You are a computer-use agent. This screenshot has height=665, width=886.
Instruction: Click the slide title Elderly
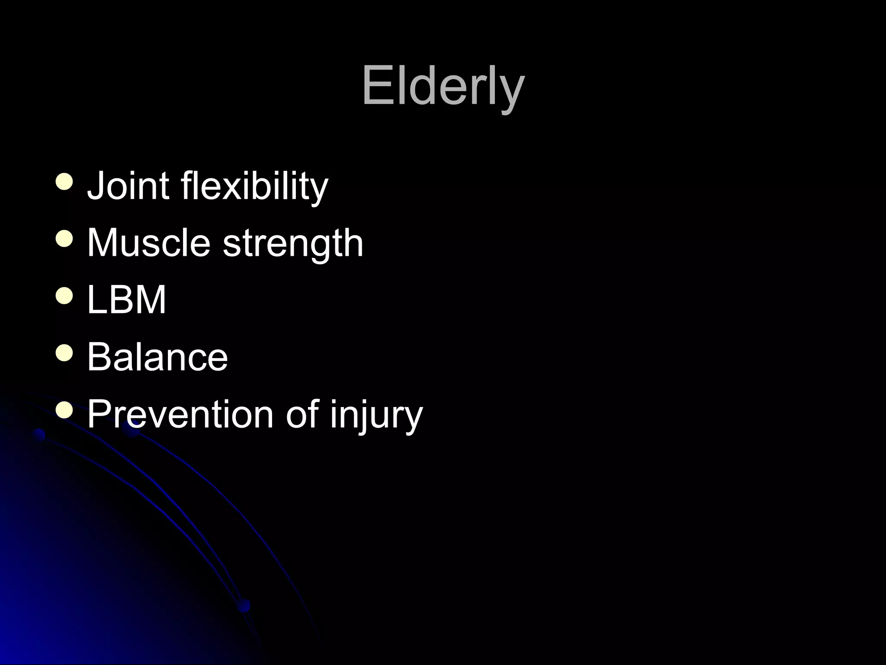(x=443, y=87)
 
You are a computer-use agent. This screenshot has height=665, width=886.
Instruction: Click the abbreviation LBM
(x=126, y=300)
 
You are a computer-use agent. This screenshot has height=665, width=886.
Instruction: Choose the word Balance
(x=157, y=357)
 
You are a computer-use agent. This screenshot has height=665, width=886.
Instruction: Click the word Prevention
(x=180, y=414)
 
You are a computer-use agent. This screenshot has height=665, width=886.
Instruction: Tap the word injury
(x=376, y=416)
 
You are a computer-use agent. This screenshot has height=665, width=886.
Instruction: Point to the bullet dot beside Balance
(x=64, y=353)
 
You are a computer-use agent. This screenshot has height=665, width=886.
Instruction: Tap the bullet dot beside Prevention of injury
(x=64, y=410)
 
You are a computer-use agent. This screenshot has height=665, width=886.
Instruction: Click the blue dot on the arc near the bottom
(x=244, y=605)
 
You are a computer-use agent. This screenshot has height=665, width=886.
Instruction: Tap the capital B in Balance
(x=100, y=357)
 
